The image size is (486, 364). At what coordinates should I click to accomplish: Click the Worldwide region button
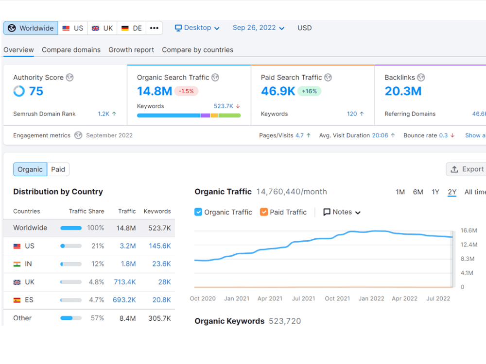(31, 28)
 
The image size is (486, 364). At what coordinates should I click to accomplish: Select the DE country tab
(132, 28)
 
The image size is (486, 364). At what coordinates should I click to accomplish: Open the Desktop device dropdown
(197, 28)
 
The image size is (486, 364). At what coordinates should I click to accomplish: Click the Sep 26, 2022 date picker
(259, 28)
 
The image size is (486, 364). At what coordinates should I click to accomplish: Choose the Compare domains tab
(71, 50)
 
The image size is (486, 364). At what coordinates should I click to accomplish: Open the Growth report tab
(131, 50)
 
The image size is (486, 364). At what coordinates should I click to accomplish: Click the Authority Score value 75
(36, 91)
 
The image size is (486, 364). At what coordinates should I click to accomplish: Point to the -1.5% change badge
(186, 91)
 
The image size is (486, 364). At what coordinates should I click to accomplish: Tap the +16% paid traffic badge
(309, 91)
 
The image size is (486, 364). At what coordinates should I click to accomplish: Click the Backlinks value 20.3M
(403, 91)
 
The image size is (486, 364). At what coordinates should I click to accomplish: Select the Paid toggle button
(58, 169)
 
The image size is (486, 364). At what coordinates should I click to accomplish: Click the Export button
(467, 169)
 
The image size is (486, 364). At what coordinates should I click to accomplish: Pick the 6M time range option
(418, 192)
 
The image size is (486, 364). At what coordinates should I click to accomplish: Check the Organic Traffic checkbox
(198, 212)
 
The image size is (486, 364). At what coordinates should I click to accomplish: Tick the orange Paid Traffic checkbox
(264, 212)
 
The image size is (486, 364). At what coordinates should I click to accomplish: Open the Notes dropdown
(342, 212)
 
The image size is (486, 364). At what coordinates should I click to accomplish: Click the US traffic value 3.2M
(128, 246)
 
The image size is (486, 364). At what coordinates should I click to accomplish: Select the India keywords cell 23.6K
(161, 264)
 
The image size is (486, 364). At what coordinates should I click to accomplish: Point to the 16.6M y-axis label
(469, 231)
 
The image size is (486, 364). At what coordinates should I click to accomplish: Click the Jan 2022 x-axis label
(371, 298)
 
